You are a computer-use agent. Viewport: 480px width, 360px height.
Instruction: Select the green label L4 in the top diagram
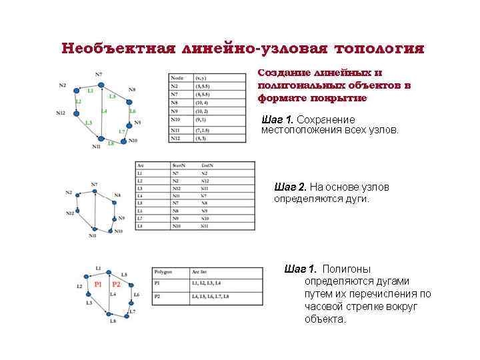point(104,111)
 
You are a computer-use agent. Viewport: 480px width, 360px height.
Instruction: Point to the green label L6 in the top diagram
point(133,111)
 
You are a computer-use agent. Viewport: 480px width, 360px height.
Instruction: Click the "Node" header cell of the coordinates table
point(177,78)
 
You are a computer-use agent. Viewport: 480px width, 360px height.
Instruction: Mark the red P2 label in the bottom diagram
point(116,285)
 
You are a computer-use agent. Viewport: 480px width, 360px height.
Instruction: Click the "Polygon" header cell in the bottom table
point(163,272)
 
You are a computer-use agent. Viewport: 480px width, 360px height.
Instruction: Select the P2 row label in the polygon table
point(158,295)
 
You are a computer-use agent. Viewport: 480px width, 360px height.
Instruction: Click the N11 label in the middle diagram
point(92,235)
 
